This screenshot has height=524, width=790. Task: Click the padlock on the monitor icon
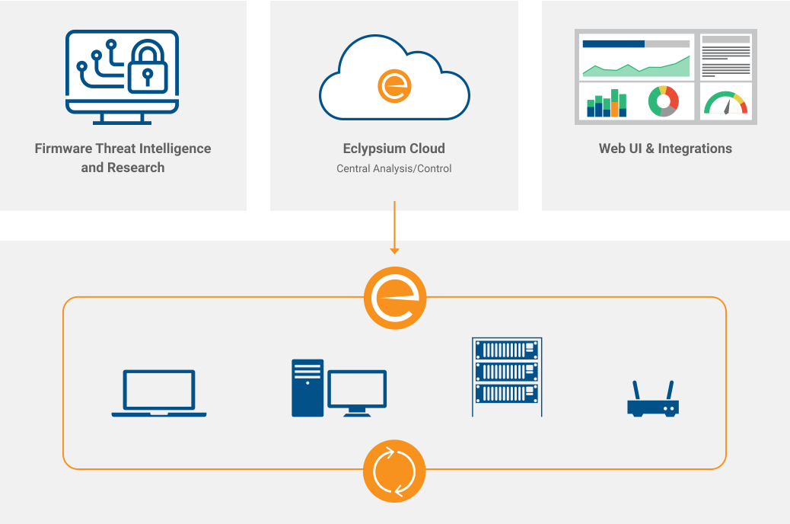[146, 69]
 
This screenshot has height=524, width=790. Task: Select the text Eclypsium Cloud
[394, 149]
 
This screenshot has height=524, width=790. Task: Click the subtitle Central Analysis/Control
[394, 168]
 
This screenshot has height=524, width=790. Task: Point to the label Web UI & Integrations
[665, 149]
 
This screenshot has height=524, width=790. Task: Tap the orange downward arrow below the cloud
[394, 228]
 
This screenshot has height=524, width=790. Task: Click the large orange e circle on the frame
[395, 298]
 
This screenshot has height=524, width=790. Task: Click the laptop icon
[159, 393]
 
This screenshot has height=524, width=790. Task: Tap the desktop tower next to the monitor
[307, 388]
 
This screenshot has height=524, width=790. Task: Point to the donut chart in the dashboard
[663, 102]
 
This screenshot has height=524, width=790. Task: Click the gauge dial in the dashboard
[725, 104]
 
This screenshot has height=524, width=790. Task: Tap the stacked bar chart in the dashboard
[607, 104]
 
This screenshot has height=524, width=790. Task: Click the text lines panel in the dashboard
[725, 56]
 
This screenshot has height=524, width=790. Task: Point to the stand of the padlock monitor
[122, 119]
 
